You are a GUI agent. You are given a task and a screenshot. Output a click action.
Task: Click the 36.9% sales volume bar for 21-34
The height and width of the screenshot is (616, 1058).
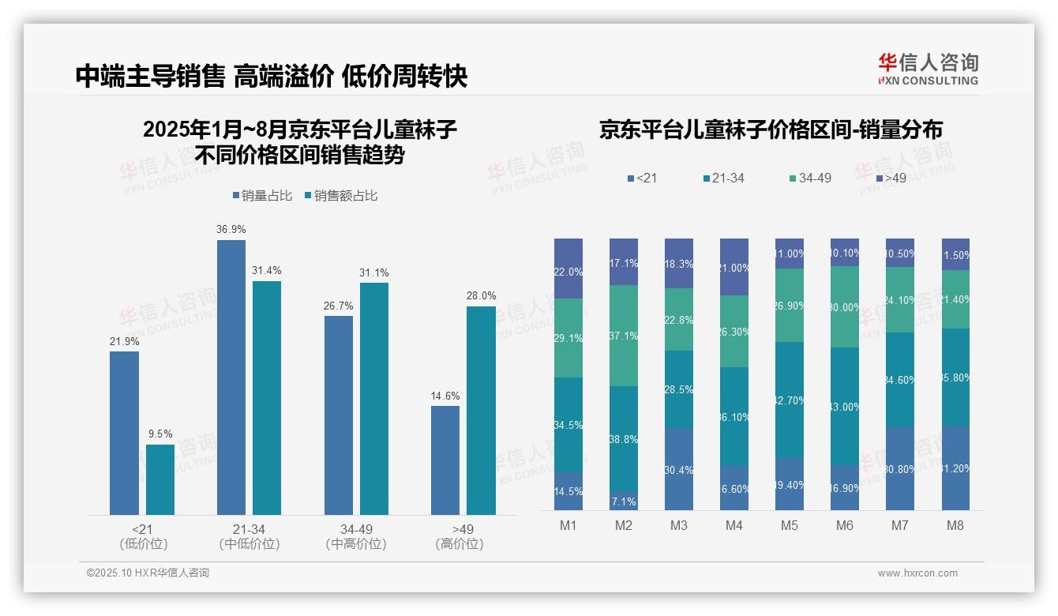(x=231, y=377)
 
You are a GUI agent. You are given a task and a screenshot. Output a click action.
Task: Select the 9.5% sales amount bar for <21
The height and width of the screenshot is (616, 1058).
(x=160, y=479)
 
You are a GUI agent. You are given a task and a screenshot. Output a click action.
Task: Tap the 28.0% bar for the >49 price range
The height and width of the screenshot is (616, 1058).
(x=481, y=411)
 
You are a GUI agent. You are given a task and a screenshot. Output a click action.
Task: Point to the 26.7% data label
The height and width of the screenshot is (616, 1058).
(x=338, y=306)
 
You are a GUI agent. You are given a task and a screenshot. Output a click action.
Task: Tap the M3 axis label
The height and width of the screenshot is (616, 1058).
(x=679, y=526)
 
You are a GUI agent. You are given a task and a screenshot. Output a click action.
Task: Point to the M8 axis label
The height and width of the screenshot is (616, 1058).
(x=955, y=526)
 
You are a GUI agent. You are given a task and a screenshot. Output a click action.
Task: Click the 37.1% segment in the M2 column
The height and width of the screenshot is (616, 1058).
(x=624, y=336)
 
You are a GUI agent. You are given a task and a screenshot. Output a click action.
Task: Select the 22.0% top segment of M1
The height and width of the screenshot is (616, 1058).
(x=568, y=269)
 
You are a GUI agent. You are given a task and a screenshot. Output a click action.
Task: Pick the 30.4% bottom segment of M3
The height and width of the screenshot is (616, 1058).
(x=679, y=469)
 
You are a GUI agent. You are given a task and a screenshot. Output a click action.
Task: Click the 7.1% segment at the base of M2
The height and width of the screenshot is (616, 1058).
(x=624, y=501)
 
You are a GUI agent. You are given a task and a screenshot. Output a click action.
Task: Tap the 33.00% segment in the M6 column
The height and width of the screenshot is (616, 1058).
(x=845, y=406)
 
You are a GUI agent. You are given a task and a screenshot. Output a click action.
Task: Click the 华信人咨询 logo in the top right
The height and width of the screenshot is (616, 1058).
(x=928, y=69)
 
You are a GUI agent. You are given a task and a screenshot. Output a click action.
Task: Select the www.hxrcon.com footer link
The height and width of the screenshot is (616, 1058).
(x=917, y=573)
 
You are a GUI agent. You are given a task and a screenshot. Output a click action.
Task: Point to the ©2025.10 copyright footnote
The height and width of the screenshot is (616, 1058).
(x=148, y=573)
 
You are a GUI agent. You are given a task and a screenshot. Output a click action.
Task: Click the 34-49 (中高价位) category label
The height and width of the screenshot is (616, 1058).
(x=356, y=536)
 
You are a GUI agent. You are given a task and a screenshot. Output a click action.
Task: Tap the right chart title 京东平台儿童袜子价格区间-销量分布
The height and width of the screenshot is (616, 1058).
(x=771, y=130)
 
